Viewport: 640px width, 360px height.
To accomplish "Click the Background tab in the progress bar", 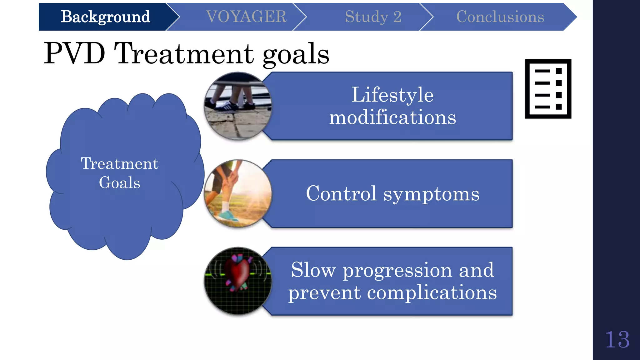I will [x=105, y=17].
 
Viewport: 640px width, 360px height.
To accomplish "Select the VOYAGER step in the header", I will [x=246, y=17].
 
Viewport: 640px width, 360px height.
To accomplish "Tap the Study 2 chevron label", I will [x=373, y=17].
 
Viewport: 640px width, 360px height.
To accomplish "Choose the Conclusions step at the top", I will [x=500, y=17].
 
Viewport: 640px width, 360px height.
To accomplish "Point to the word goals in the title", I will [x=296, y=55].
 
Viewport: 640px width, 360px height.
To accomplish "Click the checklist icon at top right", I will [x=548, y=89].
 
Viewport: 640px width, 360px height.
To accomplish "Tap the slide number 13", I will [x=617, y=340].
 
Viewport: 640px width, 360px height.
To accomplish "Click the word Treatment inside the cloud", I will [x=120, y=163].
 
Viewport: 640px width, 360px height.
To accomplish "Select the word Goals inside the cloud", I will [x=120, y=183].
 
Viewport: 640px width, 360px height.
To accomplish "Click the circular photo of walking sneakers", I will [x=238, y=106].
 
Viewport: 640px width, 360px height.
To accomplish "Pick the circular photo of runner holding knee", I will [x=238, y=193].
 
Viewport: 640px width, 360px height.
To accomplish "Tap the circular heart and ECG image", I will [x=238, y=281].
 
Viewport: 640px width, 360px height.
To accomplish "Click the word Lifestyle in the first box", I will [x=392, y=95].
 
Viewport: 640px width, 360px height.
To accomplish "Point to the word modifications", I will [x=392, y=117].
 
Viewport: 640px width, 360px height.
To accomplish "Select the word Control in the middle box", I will [x=341, y=193].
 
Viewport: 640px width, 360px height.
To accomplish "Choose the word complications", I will [x=432, y=293].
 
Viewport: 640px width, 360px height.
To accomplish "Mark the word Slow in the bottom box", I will [x=313, y=270].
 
